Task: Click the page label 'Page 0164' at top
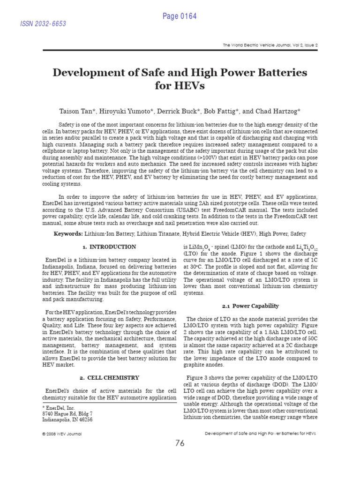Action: (180, 16)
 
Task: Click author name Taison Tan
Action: (76, 111)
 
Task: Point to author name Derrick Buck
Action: (170, 111)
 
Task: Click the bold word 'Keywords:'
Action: (69, 233)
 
